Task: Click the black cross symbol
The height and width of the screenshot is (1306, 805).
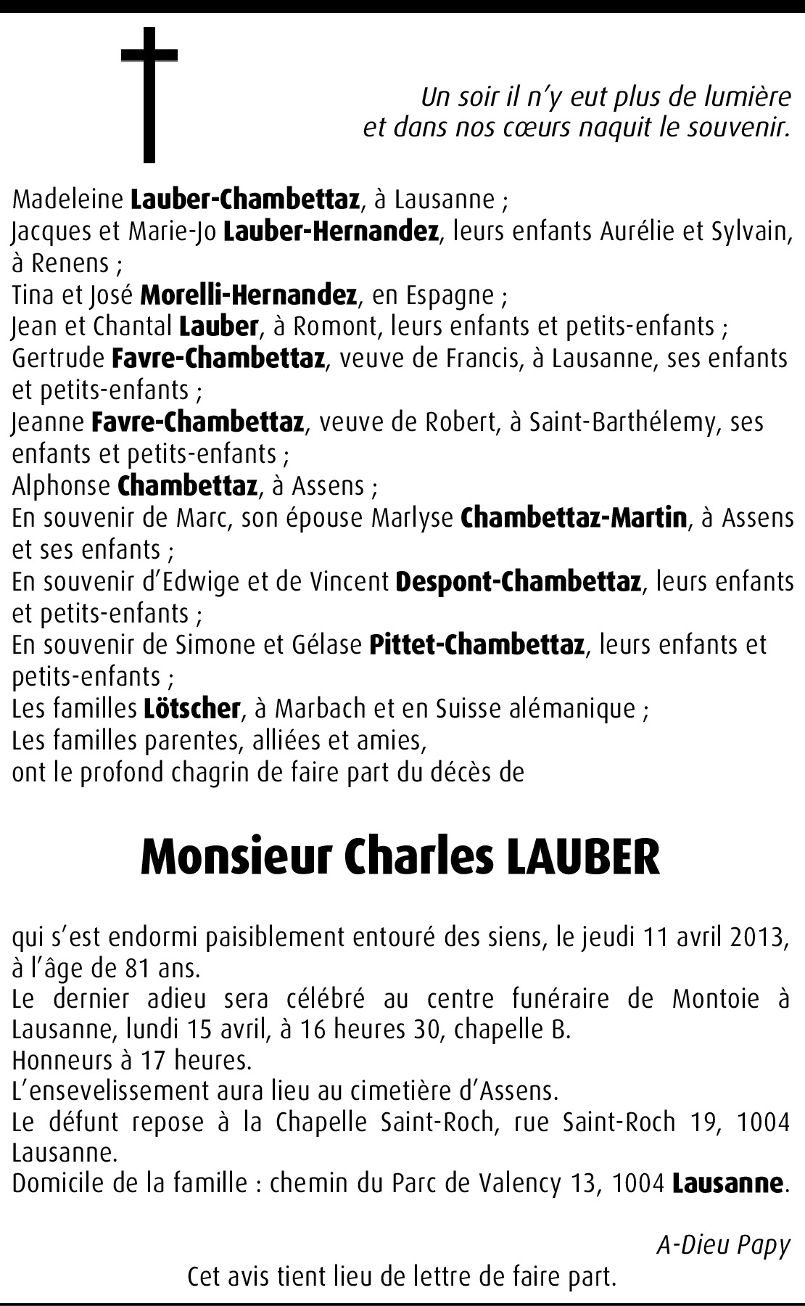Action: [x=149, y=94]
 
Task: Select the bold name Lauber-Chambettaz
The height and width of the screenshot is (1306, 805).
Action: [x=245, y=199]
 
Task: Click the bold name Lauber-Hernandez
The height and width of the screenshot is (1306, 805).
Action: [x=331, y=231]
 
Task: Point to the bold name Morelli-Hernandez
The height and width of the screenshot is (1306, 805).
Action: [x=248, y=295]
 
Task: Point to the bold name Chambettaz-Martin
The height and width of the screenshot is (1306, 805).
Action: [x=573, y=518]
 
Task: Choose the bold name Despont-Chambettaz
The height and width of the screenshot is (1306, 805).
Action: [x=518, y=582]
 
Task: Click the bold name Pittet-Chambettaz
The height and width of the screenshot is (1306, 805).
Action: [x=476, y=645]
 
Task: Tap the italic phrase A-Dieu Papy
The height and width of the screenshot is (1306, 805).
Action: [x=722, y=1245]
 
